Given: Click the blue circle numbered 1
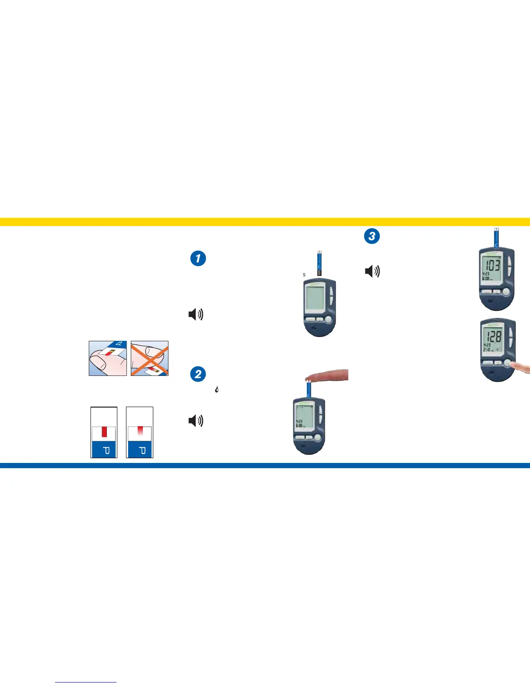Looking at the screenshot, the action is tap(198, 259).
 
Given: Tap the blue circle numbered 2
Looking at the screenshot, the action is tap(198, 374).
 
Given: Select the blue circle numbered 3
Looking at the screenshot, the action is tap(372, 236).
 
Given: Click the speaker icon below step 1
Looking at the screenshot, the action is tap(196, 314).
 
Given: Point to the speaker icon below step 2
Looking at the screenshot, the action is tap(196, 421).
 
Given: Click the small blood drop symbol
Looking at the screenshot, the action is tap(217, 389).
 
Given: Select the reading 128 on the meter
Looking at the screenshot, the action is tap(493, 337).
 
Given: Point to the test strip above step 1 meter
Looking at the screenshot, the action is tap(319, 263).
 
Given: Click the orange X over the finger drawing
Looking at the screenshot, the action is tap(149, 358).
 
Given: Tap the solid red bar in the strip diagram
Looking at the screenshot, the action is tap(104, 432).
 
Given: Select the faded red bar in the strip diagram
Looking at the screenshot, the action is tap(140, 430).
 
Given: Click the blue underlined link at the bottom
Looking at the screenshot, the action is tap(86, 683).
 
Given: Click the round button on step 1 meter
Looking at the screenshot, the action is tap(328, 320).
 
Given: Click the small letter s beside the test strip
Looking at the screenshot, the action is tap(304, 275).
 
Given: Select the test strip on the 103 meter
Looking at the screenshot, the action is tap(496, 237).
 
